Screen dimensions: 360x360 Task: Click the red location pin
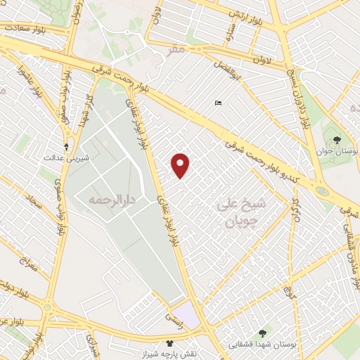click(x=181, y=165)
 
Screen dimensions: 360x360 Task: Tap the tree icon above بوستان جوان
click(x=338, y=139)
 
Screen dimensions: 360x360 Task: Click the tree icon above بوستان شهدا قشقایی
click(x=262, y=333)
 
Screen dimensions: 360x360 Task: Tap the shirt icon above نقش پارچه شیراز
click(x=169, y=343)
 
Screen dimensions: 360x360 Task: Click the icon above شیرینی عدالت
click(x=67, y=147)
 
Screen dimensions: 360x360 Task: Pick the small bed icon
click(x=218, y=104)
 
